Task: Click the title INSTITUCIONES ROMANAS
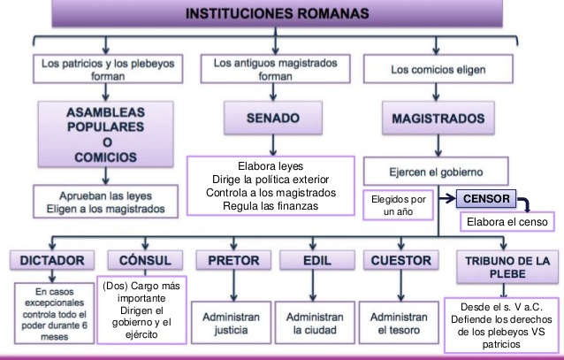point(282,15)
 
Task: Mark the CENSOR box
point(486,201)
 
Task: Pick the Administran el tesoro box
point(399,324)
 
